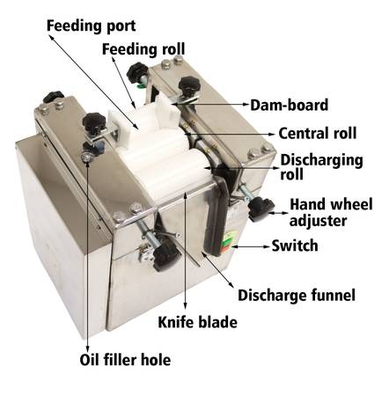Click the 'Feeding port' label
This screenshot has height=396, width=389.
click(x=92, y=26)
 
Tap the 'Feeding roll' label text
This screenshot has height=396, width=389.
click(x=143, y=49)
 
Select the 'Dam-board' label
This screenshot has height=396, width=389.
click(x=289, y=105)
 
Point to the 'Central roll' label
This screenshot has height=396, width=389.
click(x=318, y=133)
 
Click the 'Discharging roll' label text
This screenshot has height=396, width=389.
click(x=322, y=167)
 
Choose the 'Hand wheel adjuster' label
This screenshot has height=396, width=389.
click(x=331, y=212)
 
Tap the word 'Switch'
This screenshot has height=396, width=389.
click(x=295, y=246)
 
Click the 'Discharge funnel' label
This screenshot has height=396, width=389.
click(x=297, y=295)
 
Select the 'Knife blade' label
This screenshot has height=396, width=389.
click(x=198, y=322)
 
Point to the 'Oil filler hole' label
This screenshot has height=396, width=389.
click(x=125, y=360)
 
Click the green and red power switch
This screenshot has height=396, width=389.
click(x=227, y=242)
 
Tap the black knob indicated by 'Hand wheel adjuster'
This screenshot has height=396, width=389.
click(x=261, y=208)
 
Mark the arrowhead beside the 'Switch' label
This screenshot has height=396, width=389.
click(x=267, y=246)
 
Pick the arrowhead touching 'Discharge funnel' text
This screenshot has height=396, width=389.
click(x=231, y=285)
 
